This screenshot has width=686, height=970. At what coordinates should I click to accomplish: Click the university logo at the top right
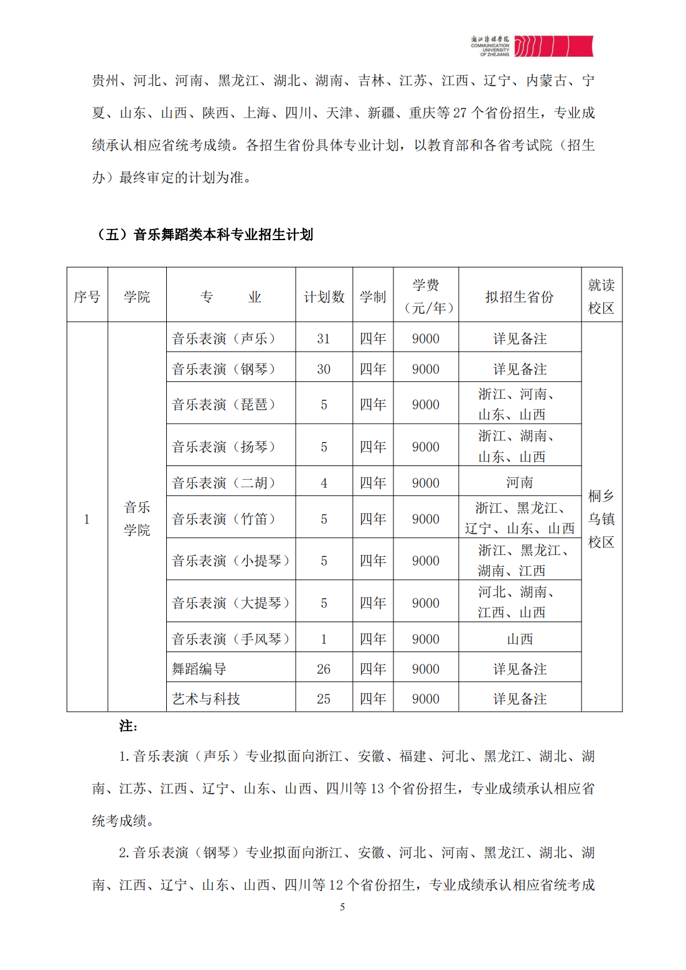532,46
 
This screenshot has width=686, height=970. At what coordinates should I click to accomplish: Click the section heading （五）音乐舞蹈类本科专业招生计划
204,235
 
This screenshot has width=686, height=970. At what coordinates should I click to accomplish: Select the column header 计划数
324,297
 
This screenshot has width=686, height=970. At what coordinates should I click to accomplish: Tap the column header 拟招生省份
519,297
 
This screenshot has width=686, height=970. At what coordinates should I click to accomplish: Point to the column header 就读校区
601,296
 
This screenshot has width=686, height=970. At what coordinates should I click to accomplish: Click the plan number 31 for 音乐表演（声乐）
323,338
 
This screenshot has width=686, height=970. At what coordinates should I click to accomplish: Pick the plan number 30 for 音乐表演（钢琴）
323,369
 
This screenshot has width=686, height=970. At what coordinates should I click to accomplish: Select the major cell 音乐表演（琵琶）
224,404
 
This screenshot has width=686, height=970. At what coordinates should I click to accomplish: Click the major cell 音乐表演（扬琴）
224,447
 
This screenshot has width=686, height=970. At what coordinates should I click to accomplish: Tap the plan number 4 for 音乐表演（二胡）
324,483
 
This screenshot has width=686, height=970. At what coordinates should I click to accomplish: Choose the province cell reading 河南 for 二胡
519,483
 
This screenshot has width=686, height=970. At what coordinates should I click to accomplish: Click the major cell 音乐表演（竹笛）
224,519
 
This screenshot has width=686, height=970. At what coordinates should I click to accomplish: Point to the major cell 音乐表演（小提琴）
231,561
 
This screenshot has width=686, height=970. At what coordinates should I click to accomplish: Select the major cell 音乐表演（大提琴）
231,603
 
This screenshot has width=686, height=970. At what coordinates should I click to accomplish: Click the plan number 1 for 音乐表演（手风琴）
324,639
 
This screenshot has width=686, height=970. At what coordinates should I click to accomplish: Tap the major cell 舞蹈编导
199,669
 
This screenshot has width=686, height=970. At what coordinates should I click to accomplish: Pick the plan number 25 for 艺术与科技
323,699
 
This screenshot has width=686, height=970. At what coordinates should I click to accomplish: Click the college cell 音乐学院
137,518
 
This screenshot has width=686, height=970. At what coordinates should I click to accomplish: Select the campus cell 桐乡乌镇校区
601,518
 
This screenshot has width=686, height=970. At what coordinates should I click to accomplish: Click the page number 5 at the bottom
342,907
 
